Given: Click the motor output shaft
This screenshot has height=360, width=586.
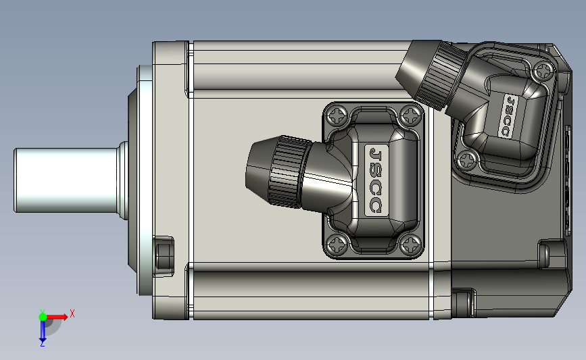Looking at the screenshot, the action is click(x=66, y=180).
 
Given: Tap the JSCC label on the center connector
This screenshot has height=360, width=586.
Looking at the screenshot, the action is click(x=376, y=180).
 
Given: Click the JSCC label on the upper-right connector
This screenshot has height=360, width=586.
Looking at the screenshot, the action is click(x=508, y=115).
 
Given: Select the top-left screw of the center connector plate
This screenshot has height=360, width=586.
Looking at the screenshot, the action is click(x=337, y=115).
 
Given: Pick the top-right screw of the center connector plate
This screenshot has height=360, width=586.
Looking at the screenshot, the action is click(x=410, y=115).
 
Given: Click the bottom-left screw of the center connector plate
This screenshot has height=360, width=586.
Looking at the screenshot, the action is click(x=337, y=245).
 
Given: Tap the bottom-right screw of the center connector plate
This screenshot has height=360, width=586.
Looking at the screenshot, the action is click(x=410, y=245).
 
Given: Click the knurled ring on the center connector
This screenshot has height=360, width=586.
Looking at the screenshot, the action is click(x=290, y=172).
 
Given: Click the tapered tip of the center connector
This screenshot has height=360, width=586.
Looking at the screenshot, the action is click(x=259, y=168).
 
